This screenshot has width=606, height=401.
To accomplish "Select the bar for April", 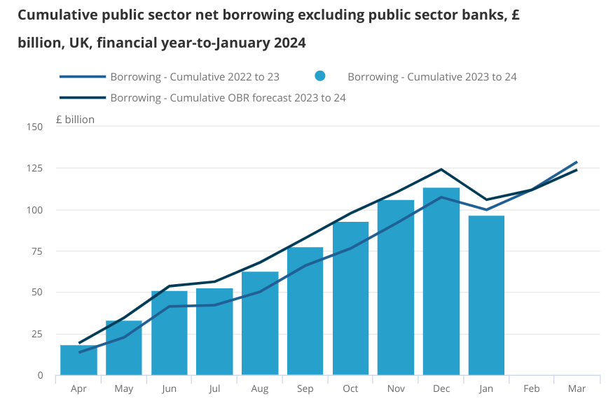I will tap(78, 360).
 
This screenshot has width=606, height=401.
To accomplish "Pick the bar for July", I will tap(214, 332).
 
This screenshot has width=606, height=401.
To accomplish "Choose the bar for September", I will tap(305, 311).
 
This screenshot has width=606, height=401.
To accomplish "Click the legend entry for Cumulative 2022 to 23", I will tap(195, 76).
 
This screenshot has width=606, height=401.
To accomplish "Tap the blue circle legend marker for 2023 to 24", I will tap(320, 76).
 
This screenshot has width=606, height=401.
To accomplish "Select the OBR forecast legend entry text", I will tap(228, 98).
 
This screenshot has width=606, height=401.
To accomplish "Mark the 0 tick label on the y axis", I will tap(40, 376).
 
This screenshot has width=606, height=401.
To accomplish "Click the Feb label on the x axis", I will tap(532, 388).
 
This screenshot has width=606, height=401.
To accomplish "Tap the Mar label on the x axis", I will tap(577, 388).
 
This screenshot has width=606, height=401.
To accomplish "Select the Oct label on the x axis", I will tap(350, 388).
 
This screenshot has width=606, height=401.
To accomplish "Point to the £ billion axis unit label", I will tap(74, 119).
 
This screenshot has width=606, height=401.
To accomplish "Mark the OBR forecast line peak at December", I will tap(441, 169).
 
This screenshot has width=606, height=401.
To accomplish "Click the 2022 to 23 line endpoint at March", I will tap(577, 162).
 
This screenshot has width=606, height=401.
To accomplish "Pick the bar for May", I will tap(124, 348).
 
